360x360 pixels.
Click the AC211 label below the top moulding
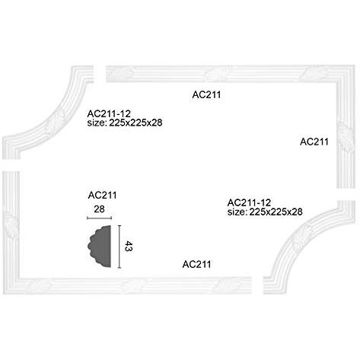(x=206, y=95)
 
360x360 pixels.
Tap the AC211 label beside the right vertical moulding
(x=314, y=142)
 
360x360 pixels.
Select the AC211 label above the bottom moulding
(x=196, y=264)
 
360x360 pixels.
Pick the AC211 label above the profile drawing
(x=103, y=195)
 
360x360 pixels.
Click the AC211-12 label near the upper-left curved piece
(x=109, y=113)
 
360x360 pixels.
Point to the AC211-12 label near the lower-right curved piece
(x=249, y=202)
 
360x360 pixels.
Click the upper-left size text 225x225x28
(x=135, y=123)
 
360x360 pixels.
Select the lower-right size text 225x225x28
(x=276, y=212)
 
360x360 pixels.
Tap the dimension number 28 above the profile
(x=99, y=209)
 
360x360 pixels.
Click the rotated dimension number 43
(x=129, y=246)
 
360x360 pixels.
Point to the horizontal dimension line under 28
(x=99, y=218)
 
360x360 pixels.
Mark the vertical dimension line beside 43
(x=119, y=247)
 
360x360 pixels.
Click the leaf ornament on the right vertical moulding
(x=346, y=137)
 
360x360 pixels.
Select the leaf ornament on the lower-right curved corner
(x=302, y=237)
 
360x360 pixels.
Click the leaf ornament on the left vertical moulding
(x=11, y=225)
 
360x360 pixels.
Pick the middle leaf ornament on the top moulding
(x=218, y=74)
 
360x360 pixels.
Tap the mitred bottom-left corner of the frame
(x=11, y=286)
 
